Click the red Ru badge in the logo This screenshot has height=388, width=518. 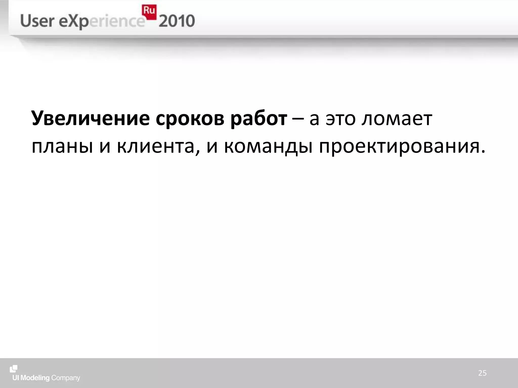[x=149, y=12]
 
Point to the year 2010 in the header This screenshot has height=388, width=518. [x=177, y=21]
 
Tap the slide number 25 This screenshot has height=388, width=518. [x=482, y=373]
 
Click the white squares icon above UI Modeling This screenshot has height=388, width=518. [x=14, y=369]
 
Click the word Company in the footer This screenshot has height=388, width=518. [x=66, y=378]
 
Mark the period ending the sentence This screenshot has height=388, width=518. [x=483, y=152]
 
